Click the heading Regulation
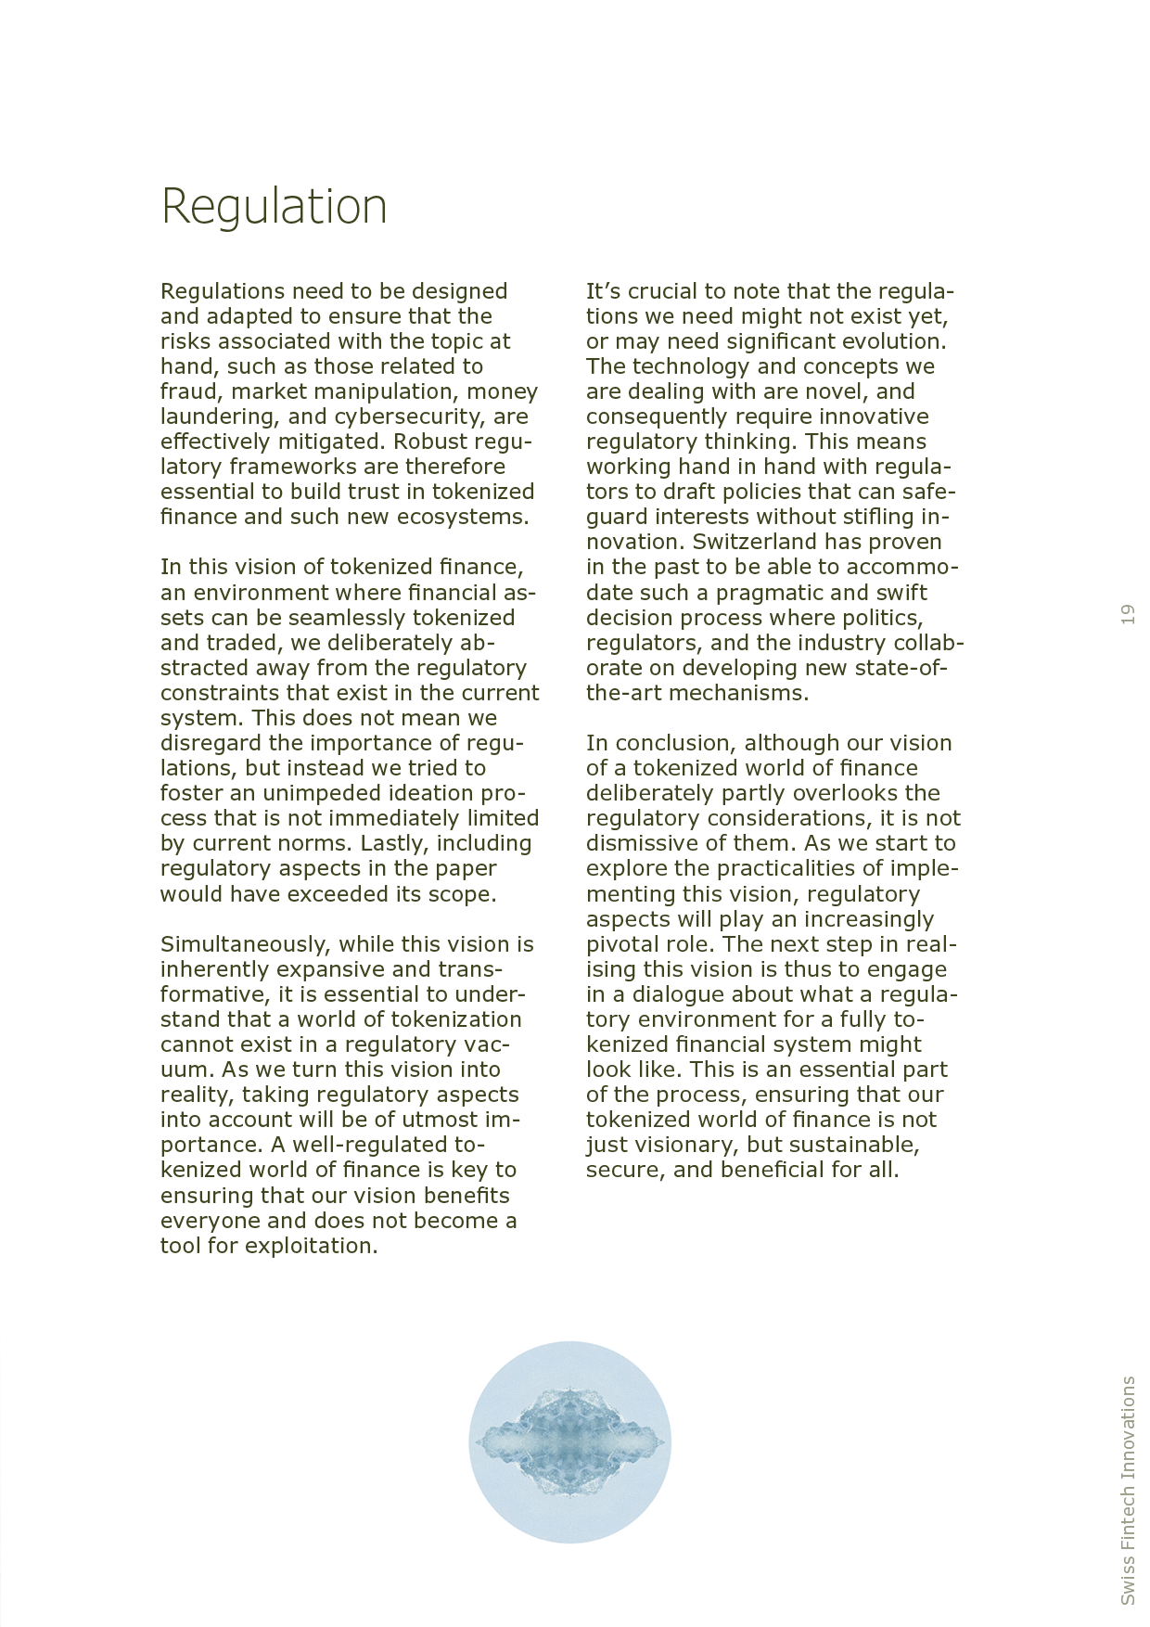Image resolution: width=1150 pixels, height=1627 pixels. [274, 207]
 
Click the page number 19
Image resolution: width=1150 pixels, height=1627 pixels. [1128, 614]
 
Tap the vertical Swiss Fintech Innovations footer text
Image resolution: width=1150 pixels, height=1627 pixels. [1128, 1490]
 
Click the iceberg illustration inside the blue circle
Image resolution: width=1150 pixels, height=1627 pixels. [569, 1441]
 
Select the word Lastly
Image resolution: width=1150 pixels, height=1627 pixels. [394, 843]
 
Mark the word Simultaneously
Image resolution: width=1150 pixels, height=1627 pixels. [245, 944]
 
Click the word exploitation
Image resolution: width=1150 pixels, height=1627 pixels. [311, 1246]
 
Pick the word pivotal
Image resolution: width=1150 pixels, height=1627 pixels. [619, 944]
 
